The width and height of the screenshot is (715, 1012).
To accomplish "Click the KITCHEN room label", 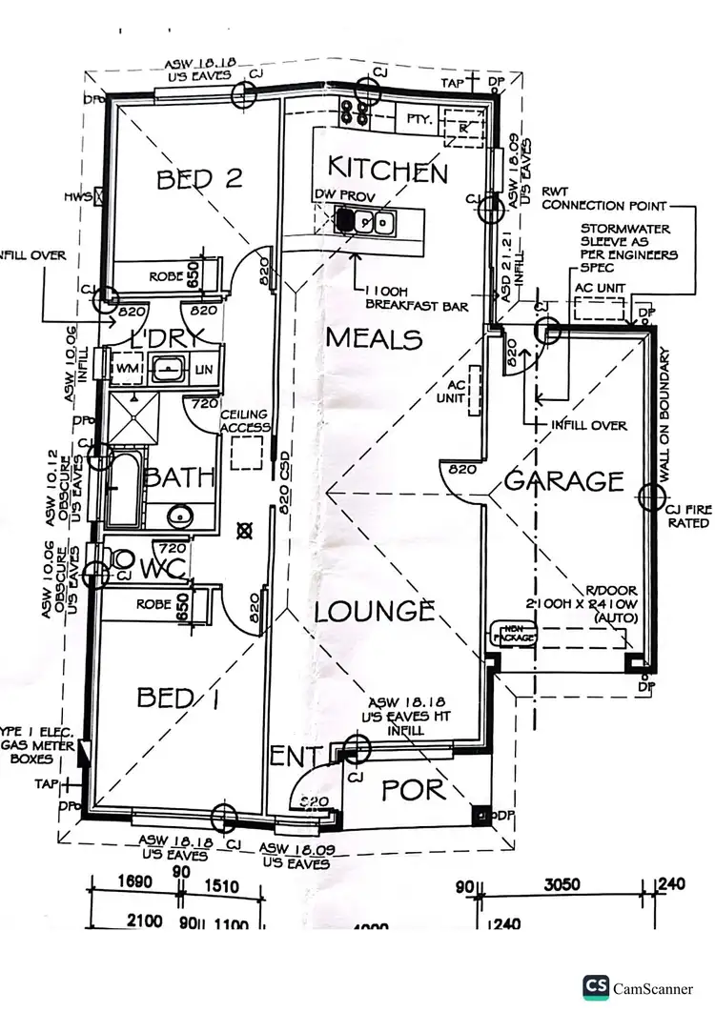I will (387, 171).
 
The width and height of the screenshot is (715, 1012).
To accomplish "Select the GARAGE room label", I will (564, 481).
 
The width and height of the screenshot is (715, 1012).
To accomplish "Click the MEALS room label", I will (374, 338).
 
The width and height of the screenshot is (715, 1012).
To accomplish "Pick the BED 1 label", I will (179, 698).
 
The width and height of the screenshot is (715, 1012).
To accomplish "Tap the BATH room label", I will (179, 476).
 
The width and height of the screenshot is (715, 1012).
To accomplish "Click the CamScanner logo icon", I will (597, 988).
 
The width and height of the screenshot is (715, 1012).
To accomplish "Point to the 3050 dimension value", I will (561, 884).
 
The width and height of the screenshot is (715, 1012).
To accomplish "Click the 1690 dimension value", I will (133, 883).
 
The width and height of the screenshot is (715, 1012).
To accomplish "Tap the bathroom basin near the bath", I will (177, 516).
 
